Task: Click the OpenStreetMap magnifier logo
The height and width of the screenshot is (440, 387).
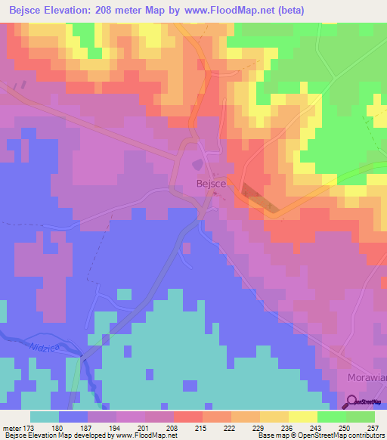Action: point(351,401)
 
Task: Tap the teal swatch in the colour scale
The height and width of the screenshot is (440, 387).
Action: point(45,417)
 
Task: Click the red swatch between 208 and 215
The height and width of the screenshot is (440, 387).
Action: point(188,417)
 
